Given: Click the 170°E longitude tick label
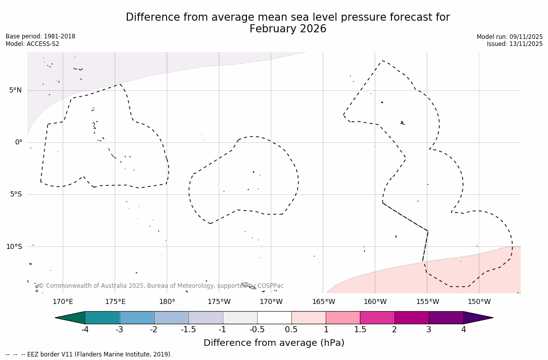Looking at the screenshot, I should click(63, 302).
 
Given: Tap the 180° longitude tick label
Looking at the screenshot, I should click(167, 302).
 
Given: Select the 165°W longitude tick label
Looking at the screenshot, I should click(323, 302).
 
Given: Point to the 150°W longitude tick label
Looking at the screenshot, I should click(479, 302).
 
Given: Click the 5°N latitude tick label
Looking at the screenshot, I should click(15, 90).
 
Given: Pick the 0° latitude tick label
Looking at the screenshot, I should click(19, 142).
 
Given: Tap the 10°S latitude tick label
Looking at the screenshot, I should click(14, 246).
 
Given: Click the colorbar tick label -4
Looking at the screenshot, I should click(85, 330).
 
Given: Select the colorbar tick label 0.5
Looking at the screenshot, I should click(291, 330).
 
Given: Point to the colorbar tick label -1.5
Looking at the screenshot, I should click(188, 330).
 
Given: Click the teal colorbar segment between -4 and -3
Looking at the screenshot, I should click(103, 318).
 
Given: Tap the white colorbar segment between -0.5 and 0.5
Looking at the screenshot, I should click(274, 318).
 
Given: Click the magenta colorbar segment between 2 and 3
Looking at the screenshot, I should click(412, 318).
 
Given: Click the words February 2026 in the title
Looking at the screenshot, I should click(288, 29).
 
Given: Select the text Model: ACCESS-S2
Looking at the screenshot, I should click(32, 44).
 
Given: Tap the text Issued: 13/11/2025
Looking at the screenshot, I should click(515, 44).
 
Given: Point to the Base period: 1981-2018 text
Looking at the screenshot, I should click(40, 36).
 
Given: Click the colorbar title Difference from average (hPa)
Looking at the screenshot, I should click(274, 343).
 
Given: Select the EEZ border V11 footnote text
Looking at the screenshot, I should click(98, 354).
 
